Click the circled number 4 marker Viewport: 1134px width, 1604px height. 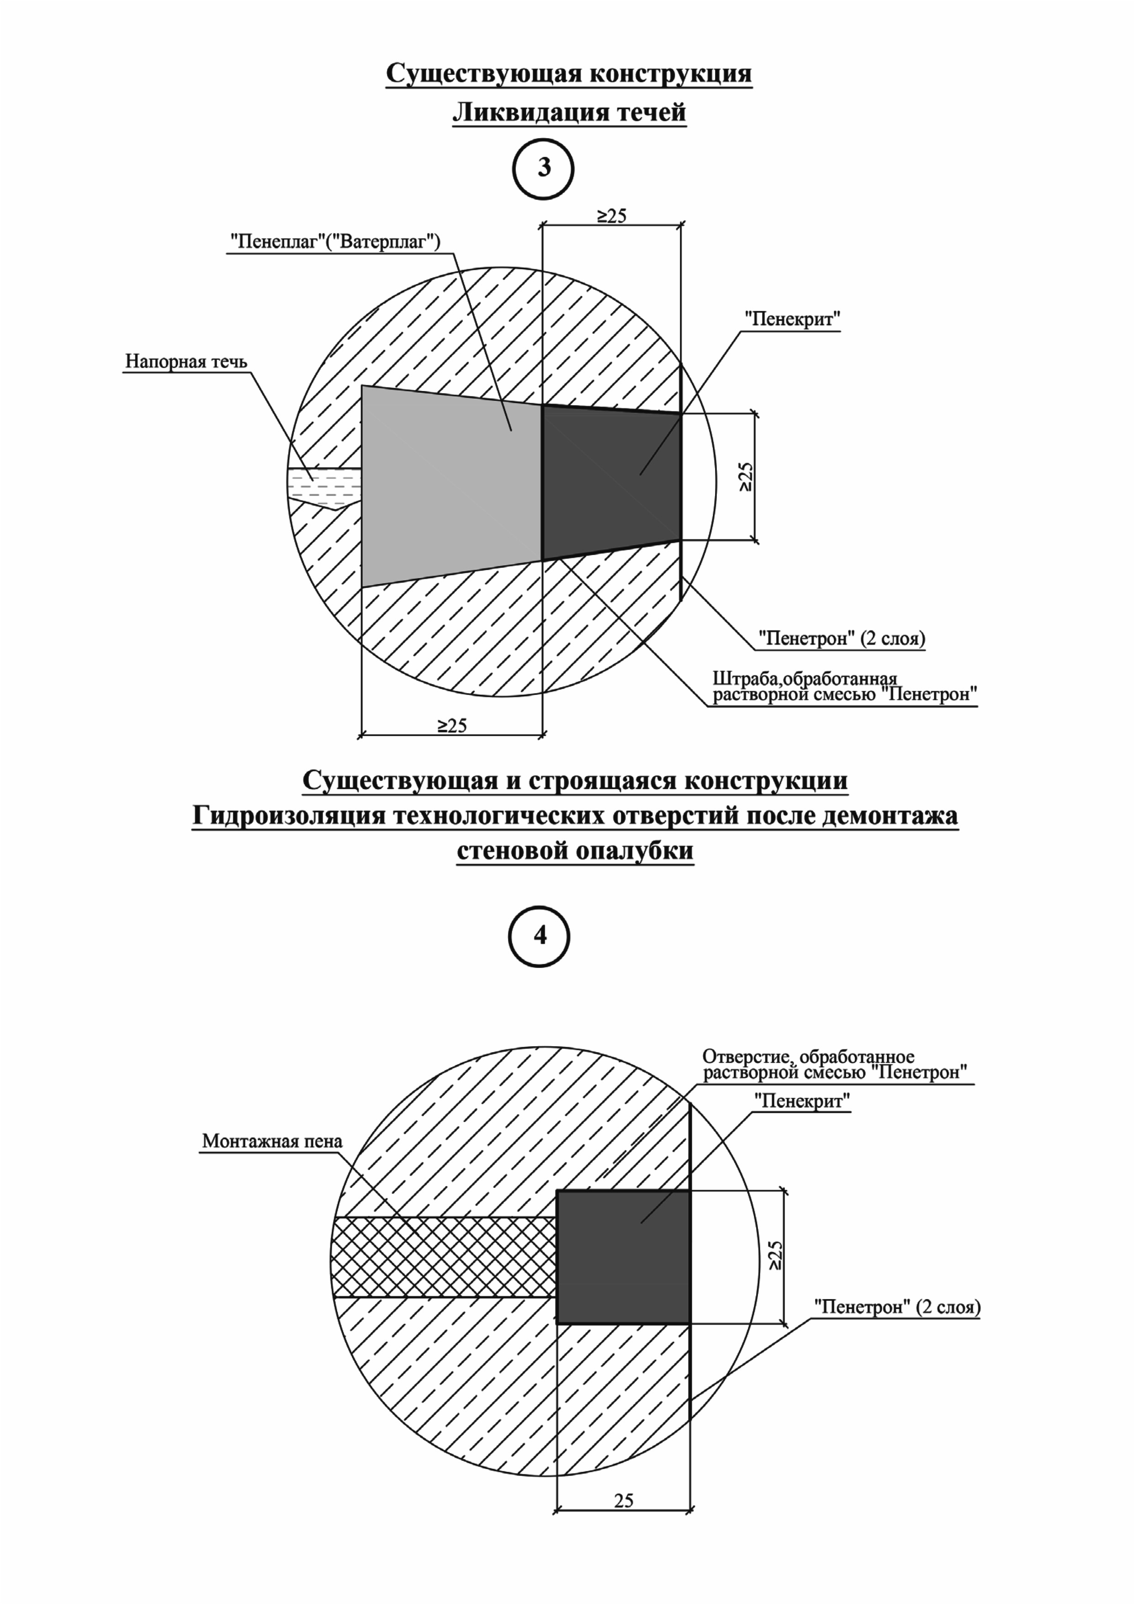coord(540,936)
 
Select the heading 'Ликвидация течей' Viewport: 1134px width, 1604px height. coord(569,112)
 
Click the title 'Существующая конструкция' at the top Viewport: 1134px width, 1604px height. coord(569,73)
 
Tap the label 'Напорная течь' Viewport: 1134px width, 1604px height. coord(186,361)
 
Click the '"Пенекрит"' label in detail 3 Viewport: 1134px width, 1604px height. coord(792,319)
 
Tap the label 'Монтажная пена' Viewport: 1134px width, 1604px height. coord(272,1141)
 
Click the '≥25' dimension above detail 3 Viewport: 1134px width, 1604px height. coord(612,215)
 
